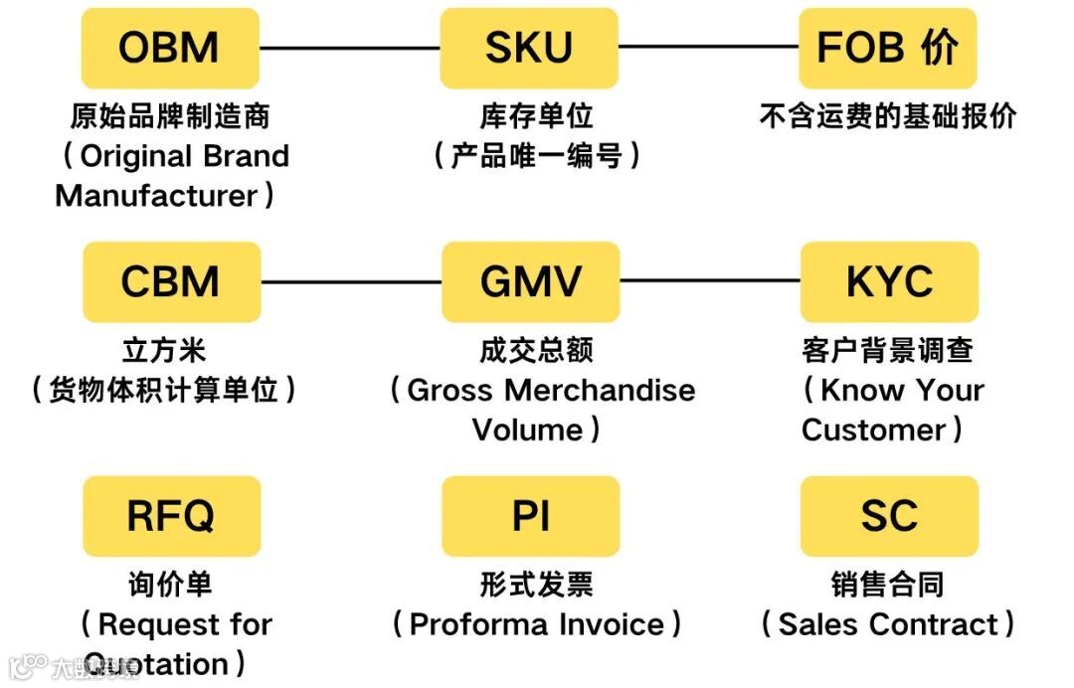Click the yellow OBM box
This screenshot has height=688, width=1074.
(170, 48)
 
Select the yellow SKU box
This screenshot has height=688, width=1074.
(529, 48)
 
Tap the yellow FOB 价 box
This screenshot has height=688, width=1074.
(888, 48)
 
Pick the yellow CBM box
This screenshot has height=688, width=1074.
(171, 282)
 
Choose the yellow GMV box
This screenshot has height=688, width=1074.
(530, 282)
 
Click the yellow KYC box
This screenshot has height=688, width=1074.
(889, 282)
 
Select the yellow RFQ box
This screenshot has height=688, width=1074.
(171, 516)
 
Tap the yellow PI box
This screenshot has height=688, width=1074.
(530, 516)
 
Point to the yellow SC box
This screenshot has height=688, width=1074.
(889, 516)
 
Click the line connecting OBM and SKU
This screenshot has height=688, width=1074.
(349, 48)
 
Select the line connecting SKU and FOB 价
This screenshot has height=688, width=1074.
(708, 48)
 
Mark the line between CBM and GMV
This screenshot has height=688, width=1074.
(350, 282)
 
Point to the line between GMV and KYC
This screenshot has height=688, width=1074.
(709, 282)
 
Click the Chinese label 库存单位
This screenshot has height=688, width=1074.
(536, 116)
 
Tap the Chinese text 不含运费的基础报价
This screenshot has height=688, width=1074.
(888, 116)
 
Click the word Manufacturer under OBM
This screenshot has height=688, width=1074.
(157, 195)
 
